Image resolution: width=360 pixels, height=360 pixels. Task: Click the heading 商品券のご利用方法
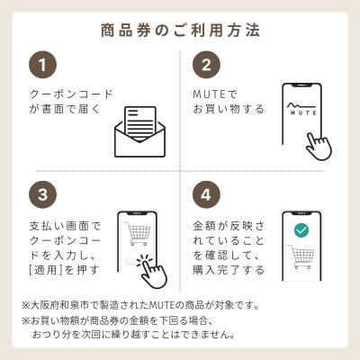click(180, 31)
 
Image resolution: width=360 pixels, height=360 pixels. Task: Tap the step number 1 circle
click(42, 65)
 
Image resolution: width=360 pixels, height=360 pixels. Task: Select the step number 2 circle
click(206, 65)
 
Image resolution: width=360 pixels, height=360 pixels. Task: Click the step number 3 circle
click(42, 194)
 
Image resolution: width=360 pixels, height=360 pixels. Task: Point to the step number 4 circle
click(206, 194)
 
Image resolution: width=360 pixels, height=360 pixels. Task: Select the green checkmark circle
click(301, 230)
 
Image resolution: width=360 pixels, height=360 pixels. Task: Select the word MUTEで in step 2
click(213, 93)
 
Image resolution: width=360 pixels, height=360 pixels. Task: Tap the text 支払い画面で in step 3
click(66, 222)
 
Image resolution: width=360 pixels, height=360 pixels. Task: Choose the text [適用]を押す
click(65, 269)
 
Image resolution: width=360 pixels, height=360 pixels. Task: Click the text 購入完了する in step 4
click(229, 269)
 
